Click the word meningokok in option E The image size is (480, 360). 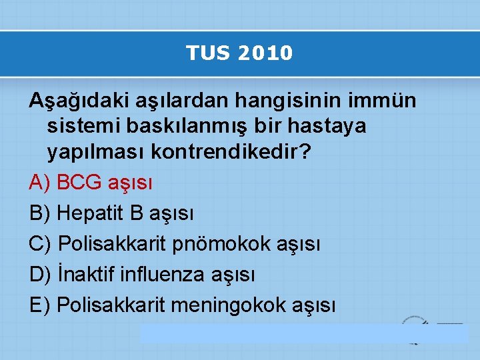[x=229, y=305]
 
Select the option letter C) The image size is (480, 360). [x=41, y=244]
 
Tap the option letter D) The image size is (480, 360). [x=41, y=274]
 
